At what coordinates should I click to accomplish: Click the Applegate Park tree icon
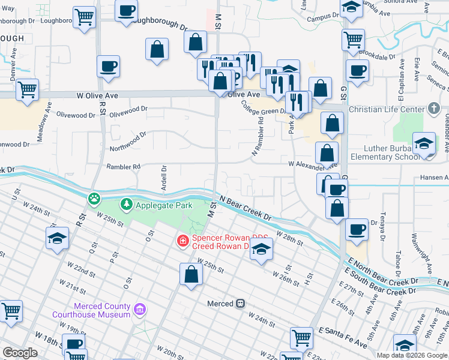126,205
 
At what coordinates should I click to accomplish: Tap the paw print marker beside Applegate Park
94,198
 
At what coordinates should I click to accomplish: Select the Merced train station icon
240,304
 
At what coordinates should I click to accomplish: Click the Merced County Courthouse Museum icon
140,310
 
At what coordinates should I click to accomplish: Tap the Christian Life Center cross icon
435,109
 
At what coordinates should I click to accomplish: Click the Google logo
20,352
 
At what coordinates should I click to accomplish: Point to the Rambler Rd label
123,166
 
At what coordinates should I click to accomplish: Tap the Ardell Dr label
163,178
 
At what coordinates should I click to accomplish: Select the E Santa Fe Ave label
343,338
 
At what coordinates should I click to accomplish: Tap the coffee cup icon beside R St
109,67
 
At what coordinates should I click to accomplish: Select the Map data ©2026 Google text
412,355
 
